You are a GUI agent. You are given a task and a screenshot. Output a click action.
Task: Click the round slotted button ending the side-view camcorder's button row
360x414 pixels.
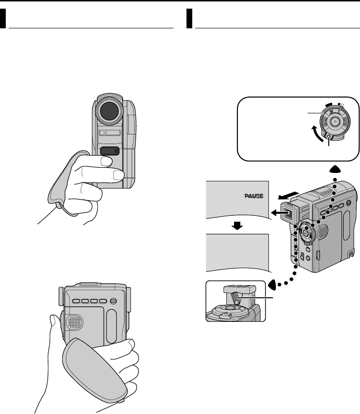click(113, 302)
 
